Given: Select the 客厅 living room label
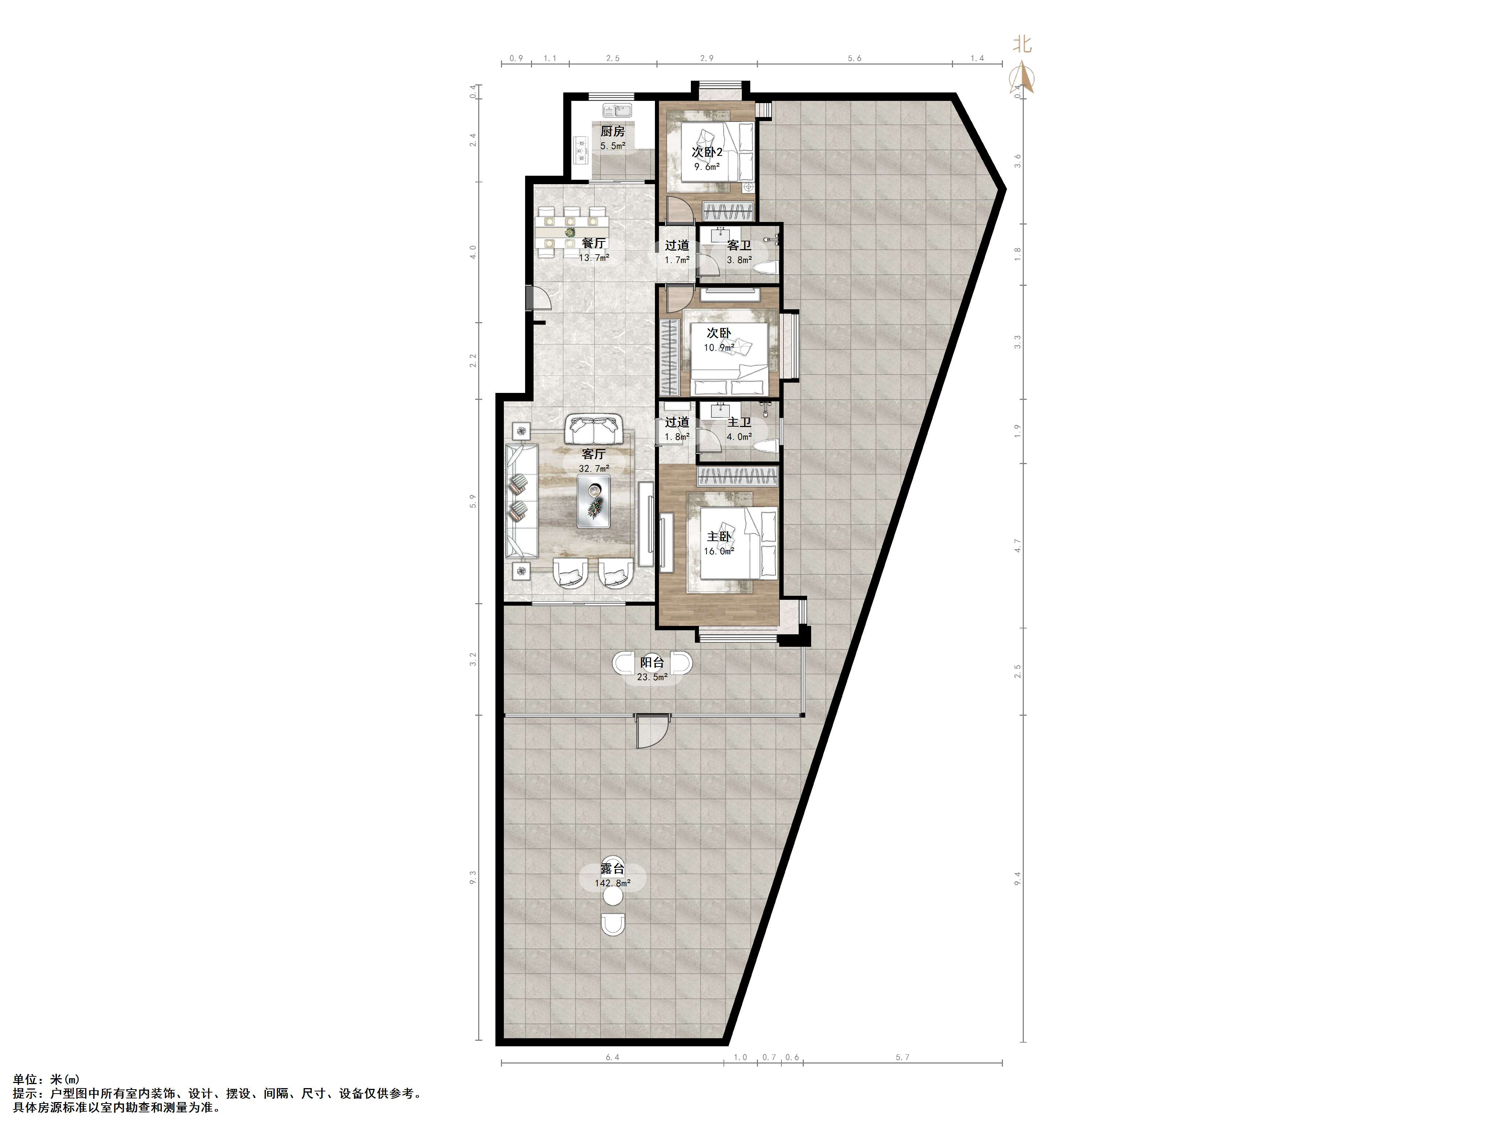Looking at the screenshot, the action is click(x=593, y=454).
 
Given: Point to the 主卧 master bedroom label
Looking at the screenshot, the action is click(x=719, y=537).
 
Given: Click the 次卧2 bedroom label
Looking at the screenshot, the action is click(x=707, y=152).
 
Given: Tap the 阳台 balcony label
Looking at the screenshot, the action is click(x=652, y=662).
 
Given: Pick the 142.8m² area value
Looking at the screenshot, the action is click(x=612, y=883).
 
